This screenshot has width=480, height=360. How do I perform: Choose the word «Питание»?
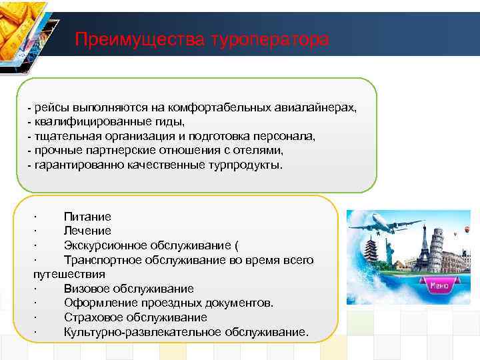(x=87, y=217)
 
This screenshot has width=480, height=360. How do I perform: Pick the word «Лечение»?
(x=87, y=231)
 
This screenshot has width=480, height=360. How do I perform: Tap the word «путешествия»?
(x=69, y=274)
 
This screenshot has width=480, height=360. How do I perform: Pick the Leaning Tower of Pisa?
(x=437, y=247)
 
